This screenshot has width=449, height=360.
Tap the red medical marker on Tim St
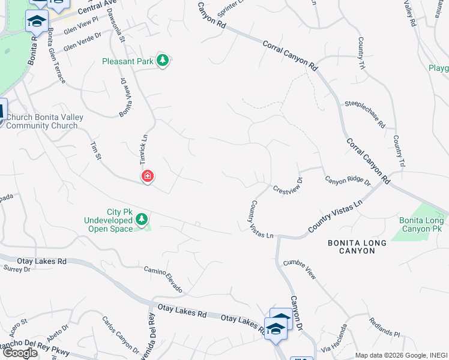[x=147, y=176]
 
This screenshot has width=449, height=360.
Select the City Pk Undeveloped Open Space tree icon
[x=142, y=219]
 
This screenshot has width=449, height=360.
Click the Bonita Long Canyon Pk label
[x=422, y=224]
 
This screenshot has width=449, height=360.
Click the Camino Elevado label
[x=163, y=280]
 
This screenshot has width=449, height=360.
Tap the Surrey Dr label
[x=17, y=269]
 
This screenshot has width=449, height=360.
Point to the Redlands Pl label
[x=384, y=327]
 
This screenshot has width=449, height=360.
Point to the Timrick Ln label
[x=144, y=147]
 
